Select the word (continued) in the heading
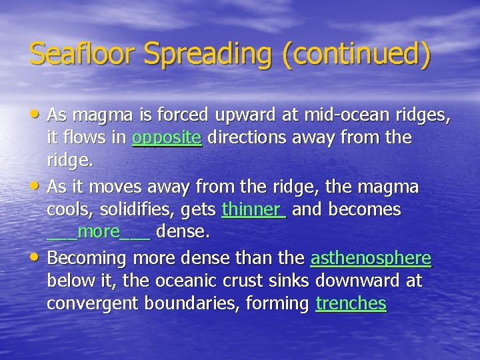click(x=357, y=53)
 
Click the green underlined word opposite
click(x=167, y=138)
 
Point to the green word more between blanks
click(x=99, y=232)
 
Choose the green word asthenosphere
click(x=371, y=257)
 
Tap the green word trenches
click(x=351, y=303)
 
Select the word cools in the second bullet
click(x=69, y=209)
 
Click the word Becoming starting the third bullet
click(x=87, y=258)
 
